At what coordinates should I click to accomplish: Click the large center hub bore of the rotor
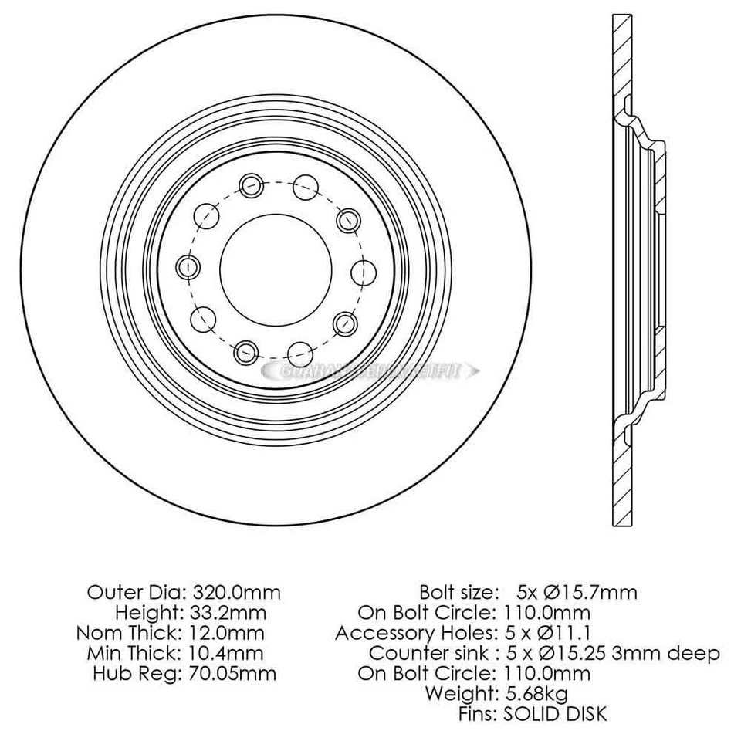click(276, 268)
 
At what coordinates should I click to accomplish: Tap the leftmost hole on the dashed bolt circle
click(188, 268)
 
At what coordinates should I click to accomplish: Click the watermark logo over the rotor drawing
click(370, 370)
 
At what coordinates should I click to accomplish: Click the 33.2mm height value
click(231, 613)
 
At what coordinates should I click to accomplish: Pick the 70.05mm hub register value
click(232, 673)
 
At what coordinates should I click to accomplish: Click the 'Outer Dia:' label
click(136, 593)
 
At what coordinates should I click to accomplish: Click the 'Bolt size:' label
click(458, 593)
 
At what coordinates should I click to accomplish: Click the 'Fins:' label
click(478, 713)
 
